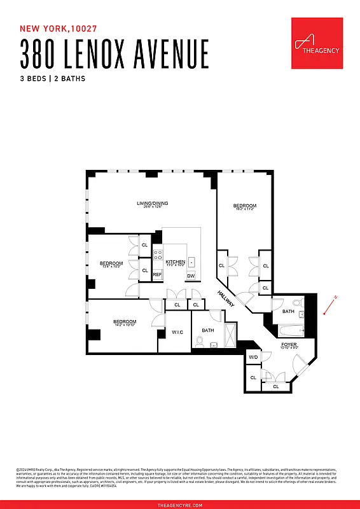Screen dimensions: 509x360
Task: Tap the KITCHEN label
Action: [x=175, y=262]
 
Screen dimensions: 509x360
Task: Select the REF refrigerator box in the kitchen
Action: [x=157, y=274]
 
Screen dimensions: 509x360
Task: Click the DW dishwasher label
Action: [x=190, y=275]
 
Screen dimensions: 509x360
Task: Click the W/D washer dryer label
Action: [x=253, y=358]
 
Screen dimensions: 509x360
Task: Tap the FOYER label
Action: [x=289, y=345]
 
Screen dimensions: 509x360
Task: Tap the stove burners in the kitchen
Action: [x=157, y=256]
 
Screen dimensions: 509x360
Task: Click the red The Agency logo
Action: [x=317, y=43]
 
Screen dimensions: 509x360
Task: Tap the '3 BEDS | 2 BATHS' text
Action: [x=53, y=79]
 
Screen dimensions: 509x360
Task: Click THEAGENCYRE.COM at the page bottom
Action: [x=180, y=505]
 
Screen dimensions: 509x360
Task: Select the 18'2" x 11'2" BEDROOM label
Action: [x=244, y=207]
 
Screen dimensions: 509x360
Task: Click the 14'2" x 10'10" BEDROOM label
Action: [x=125, y=323]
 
